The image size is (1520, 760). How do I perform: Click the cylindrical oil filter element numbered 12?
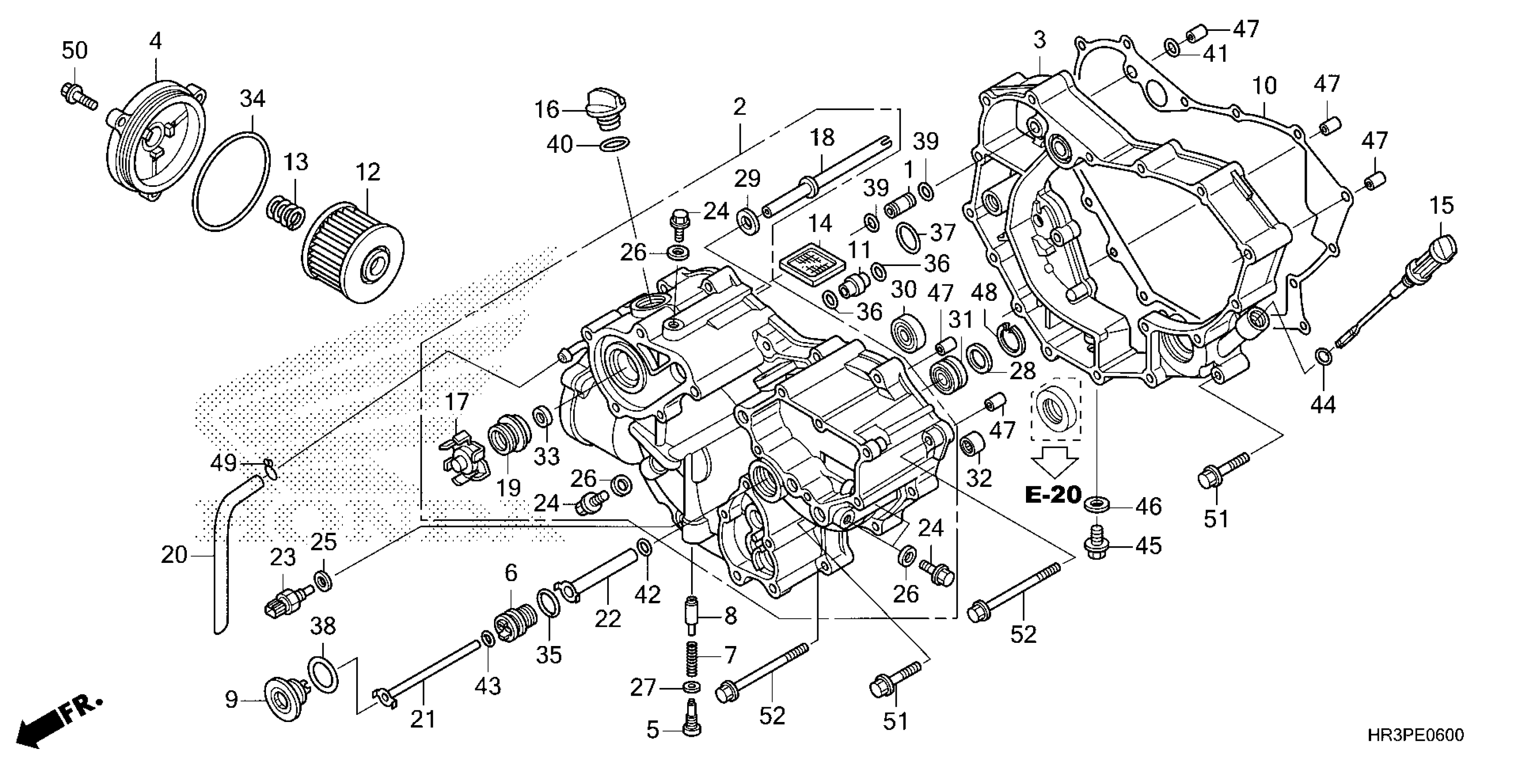[352, 253]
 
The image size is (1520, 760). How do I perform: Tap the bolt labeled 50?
[77, 97]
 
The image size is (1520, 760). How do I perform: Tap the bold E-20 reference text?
[1053, 494]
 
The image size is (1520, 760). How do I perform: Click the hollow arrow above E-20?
[1055, 461]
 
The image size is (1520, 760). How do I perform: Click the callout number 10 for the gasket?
[1264, 86]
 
